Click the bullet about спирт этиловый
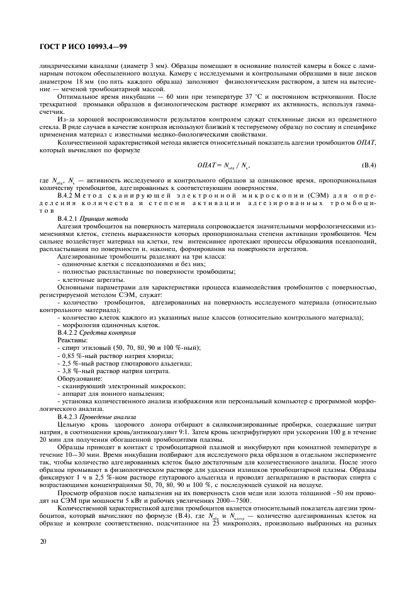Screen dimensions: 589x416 (111, 347)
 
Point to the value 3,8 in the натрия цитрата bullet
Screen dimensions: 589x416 (66, 371)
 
